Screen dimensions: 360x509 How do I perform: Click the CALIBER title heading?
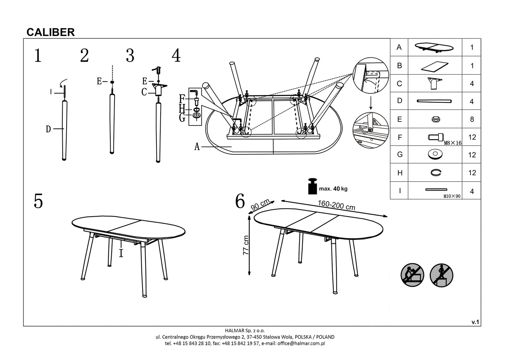[x=51, y=32]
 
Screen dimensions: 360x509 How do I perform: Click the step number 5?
[x=38, y=201]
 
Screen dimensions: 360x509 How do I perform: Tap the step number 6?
[x=240, y=201]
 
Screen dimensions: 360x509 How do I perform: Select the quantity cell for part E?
[x=472, y=119]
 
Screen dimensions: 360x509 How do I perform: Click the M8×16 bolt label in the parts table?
[x=453, y=143]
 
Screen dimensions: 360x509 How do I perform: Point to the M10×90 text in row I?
[x=452, y=196]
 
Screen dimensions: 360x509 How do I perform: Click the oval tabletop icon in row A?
[x=434, y=48]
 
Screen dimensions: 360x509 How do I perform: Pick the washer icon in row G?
[x=435, y=154]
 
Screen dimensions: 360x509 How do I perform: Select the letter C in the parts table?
[x=399, y=83]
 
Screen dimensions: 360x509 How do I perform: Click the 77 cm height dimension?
[x=246, y=245]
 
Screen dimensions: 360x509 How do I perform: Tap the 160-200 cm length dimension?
[x=336, y=205]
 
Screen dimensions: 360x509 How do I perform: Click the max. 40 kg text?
[x=333, y=189]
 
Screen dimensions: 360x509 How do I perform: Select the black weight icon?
[x=312, y=187]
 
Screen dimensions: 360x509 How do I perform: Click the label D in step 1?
[x=48, y=129]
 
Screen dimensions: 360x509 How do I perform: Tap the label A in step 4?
[x=197, y=147]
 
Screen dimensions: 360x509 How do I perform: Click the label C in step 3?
[x=144, y=92]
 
